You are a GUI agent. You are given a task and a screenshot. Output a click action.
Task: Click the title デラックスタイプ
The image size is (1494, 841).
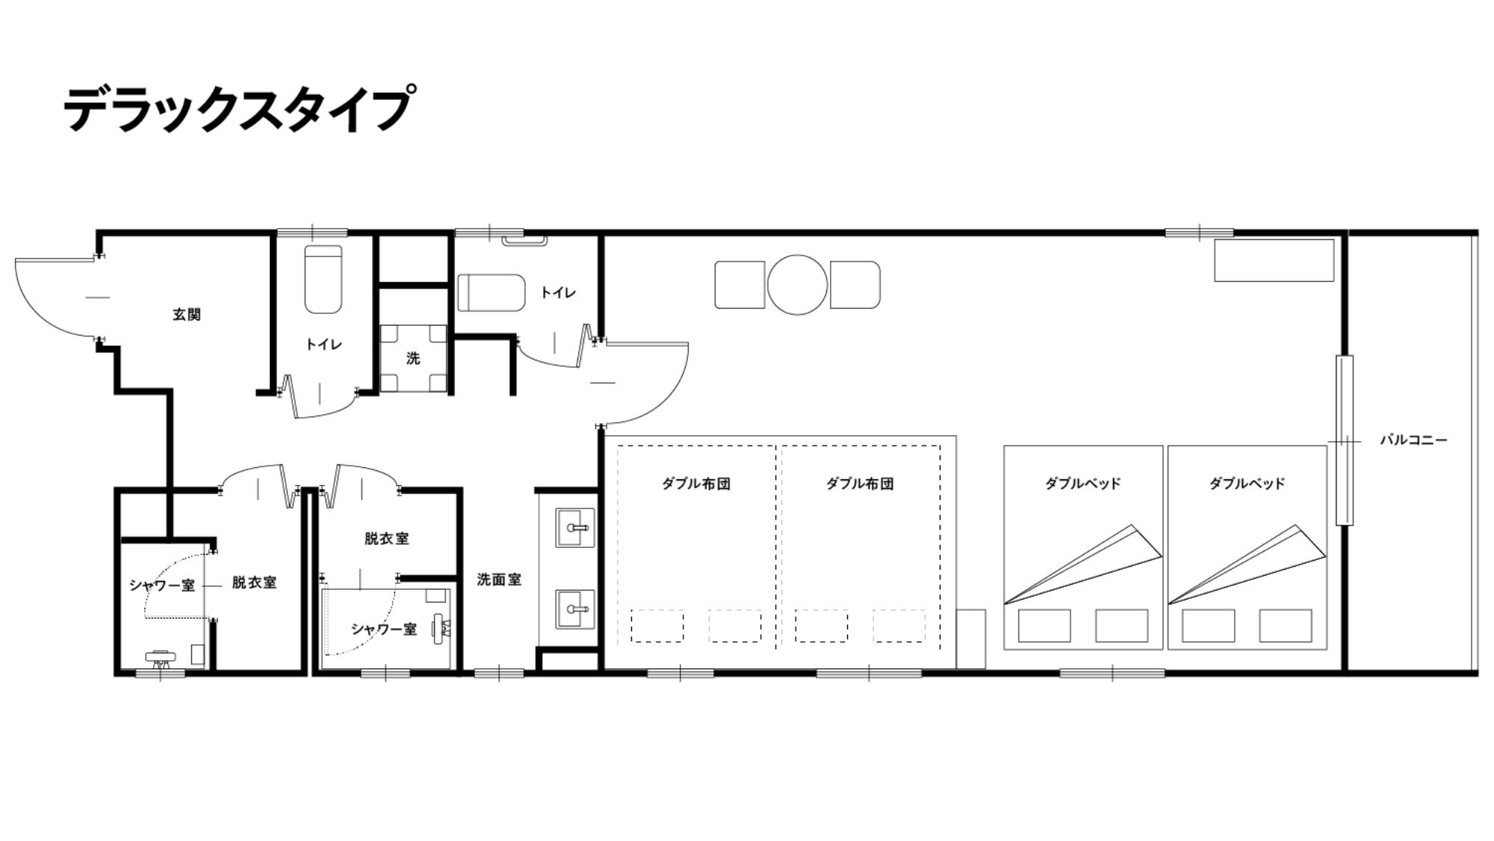click(238, 109)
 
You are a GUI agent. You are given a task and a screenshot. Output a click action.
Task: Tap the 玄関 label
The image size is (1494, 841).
click(187, 315)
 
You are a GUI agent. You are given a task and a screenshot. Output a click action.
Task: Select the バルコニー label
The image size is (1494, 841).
click(1413, 440)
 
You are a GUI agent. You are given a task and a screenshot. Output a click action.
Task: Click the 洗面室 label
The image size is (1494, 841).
click(499, 579)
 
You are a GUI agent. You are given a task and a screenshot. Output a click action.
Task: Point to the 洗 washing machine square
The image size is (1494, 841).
click(413, 359)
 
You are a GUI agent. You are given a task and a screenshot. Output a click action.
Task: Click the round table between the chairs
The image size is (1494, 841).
click(797, 285)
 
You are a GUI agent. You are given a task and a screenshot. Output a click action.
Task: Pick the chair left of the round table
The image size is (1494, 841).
click(740, 285)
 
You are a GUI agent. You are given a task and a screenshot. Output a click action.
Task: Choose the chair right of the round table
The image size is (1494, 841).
click(855, 285)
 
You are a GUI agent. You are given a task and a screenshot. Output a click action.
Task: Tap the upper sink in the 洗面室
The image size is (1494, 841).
click(575, 527)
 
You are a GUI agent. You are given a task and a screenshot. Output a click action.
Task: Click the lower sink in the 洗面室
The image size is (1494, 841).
click(575, 609)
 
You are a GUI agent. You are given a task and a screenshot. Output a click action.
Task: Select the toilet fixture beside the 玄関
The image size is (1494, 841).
click(323, 280)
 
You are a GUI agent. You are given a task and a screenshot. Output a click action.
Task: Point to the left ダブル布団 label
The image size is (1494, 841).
click(695, 484)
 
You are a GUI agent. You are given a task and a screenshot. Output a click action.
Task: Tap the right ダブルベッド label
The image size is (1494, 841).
click(1247, 484)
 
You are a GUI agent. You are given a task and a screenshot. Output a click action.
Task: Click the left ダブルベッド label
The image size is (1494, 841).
click(1082, 484)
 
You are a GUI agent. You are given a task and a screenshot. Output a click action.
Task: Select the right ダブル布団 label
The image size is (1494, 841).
click(860, 484)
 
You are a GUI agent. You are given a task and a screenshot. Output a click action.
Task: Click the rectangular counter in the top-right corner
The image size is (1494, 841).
click(1274, 260)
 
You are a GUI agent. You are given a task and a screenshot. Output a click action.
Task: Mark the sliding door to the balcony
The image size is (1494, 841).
click(1344, 440)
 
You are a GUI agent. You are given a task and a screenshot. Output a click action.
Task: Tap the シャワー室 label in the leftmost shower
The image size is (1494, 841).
click(161, 585)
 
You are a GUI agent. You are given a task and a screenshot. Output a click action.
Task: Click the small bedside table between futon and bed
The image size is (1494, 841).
click(971, 638)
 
